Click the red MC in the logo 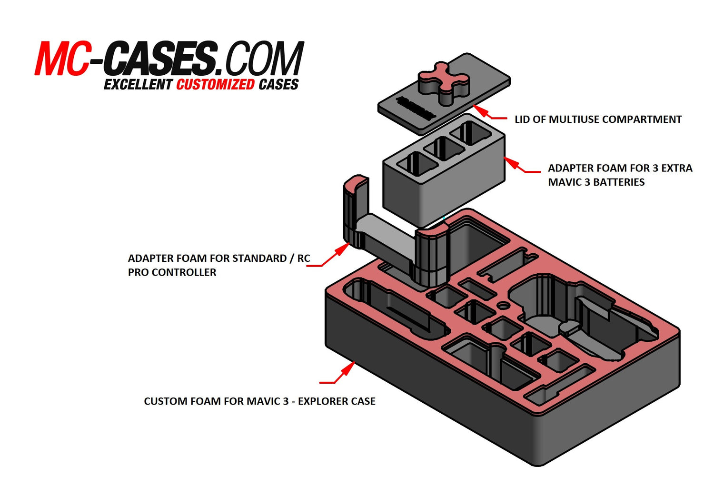click(x=62, y=59)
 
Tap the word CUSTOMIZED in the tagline click(x=215, y=85)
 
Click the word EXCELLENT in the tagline click(x=138, y=85)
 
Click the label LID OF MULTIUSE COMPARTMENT click(x=598, y=119)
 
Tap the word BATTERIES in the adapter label click(x=618, y=182)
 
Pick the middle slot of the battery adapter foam click(x=443, y=149)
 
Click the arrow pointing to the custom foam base click(x=340, y=374)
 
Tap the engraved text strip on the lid click(x=415, y=109)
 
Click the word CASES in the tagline click(x=278, y=85)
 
